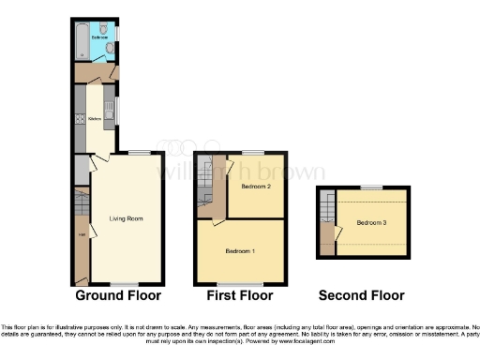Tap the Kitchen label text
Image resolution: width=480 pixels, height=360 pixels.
point(96,119)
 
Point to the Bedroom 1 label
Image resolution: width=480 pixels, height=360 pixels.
point(240,251)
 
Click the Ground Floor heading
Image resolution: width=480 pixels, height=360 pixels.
point(118,295)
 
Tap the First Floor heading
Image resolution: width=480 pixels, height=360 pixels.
point(240,295)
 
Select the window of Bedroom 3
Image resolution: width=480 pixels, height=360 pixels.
point(371,187)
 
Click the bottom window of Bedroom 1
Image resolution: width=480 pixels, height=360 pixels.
point(233,284)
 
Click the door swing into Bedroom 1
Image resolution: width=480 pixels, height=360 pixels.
point(217,223)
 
